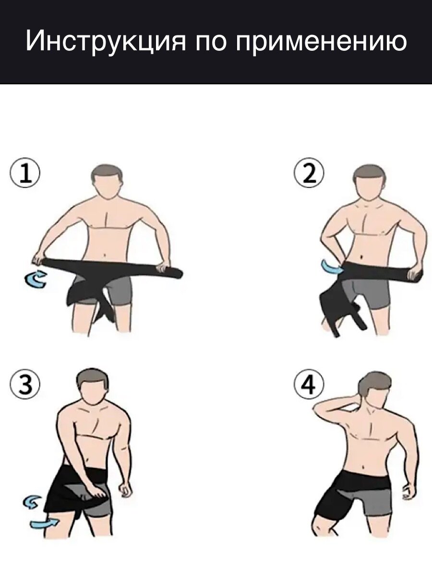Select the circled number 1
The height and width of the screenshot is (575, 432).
[25, 172]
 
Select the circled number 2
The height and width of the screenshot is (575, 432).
[309, 172]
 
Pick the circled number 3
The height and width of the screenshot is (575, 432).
[25, 384]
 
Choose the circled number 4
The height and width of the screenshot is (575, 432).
[309, 384]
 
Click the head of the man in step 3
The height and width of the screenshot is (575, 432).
[92, 389]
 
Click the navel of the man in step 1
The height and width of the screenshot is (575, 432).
[105, 255]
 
